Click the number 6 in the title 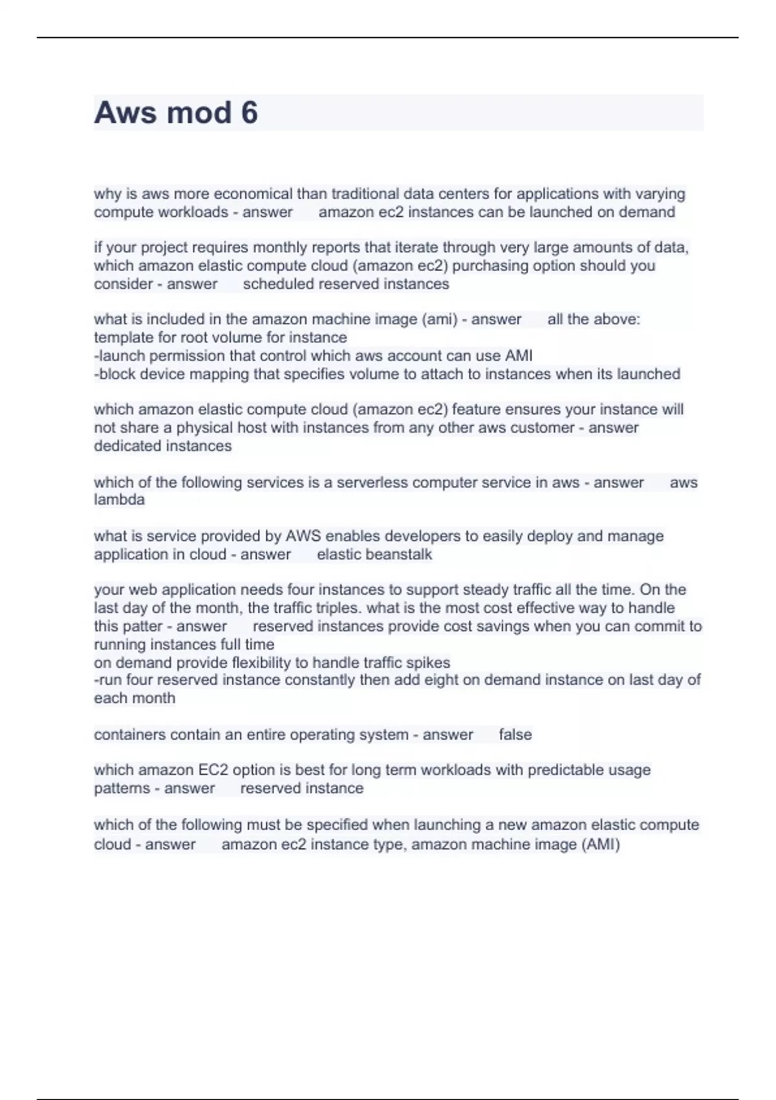click(249, 113)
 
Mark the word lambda click(119, 500)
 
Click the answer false click(515, 734)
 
